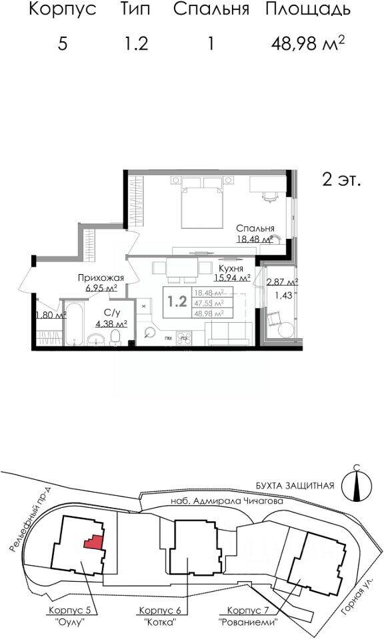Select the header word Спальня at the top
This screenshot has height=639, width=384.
click(211, 10)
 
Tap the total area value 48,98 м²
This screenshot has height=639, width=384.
click(307, 44)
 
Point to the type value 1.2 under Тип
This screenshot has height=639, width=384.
click(135, 44)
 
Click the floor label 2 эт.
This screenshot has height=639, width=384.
click(341, 180)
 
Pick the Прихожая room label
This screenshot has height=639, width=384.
click(97, 279)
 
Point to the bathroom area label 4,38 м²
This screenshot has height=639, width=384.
click(111, 324)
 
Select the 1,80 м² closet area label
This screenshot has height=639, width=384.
click(50, 316)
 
